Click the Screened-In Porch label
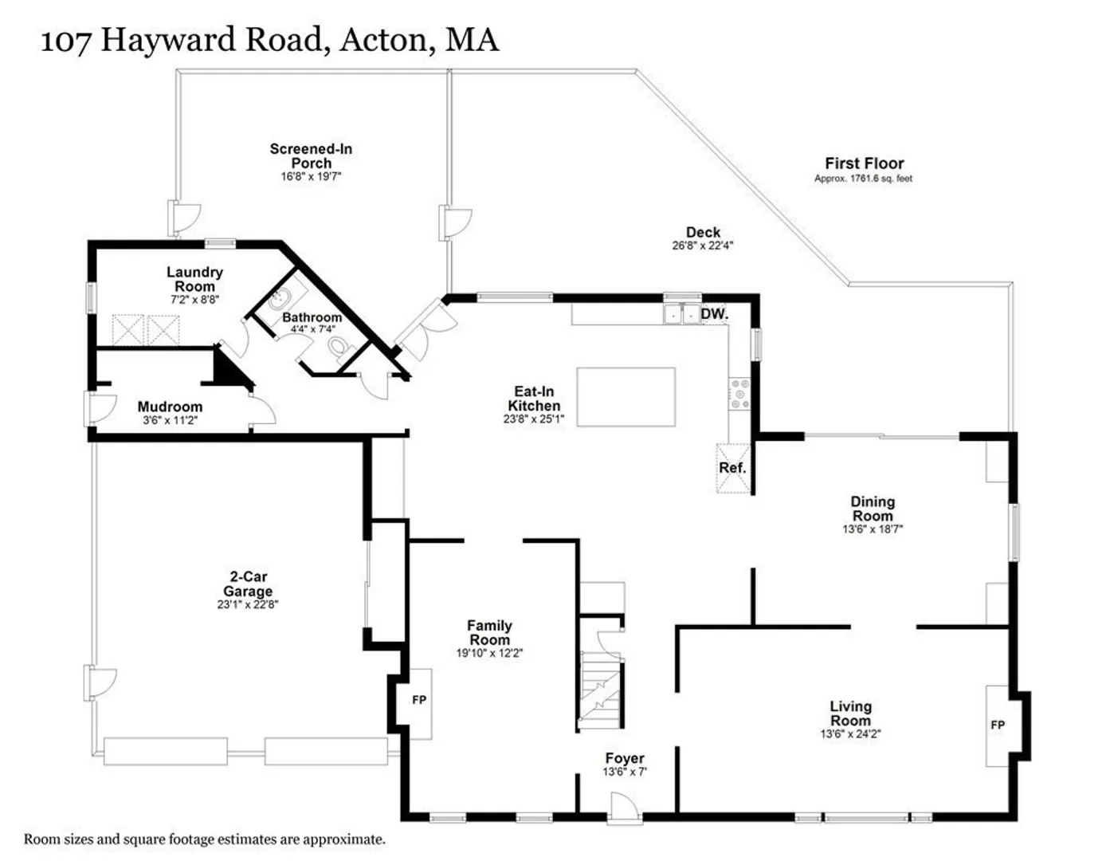pos(311,156)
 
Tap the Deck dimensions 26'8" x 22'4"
pos(703,246)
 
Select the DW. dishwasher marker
pos(714,314)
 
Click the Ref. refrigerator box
pos(733,468)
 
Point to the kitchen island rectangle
pos(626,396)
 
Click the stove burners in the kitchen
pos(739,394)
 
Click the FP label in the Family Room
pos(419,699)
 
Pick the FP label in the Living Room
pos(998,725)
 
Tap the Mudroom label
pos(171,407)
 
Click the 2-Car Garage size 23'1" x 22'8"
pos(248,604)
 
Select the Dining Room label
pos(873,509)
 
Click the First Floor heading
pos(865,163)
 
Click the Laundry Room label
pos(194,279)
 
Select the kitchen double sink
pos(682,313)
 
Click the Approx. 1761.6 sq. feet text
pos(863,179)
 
